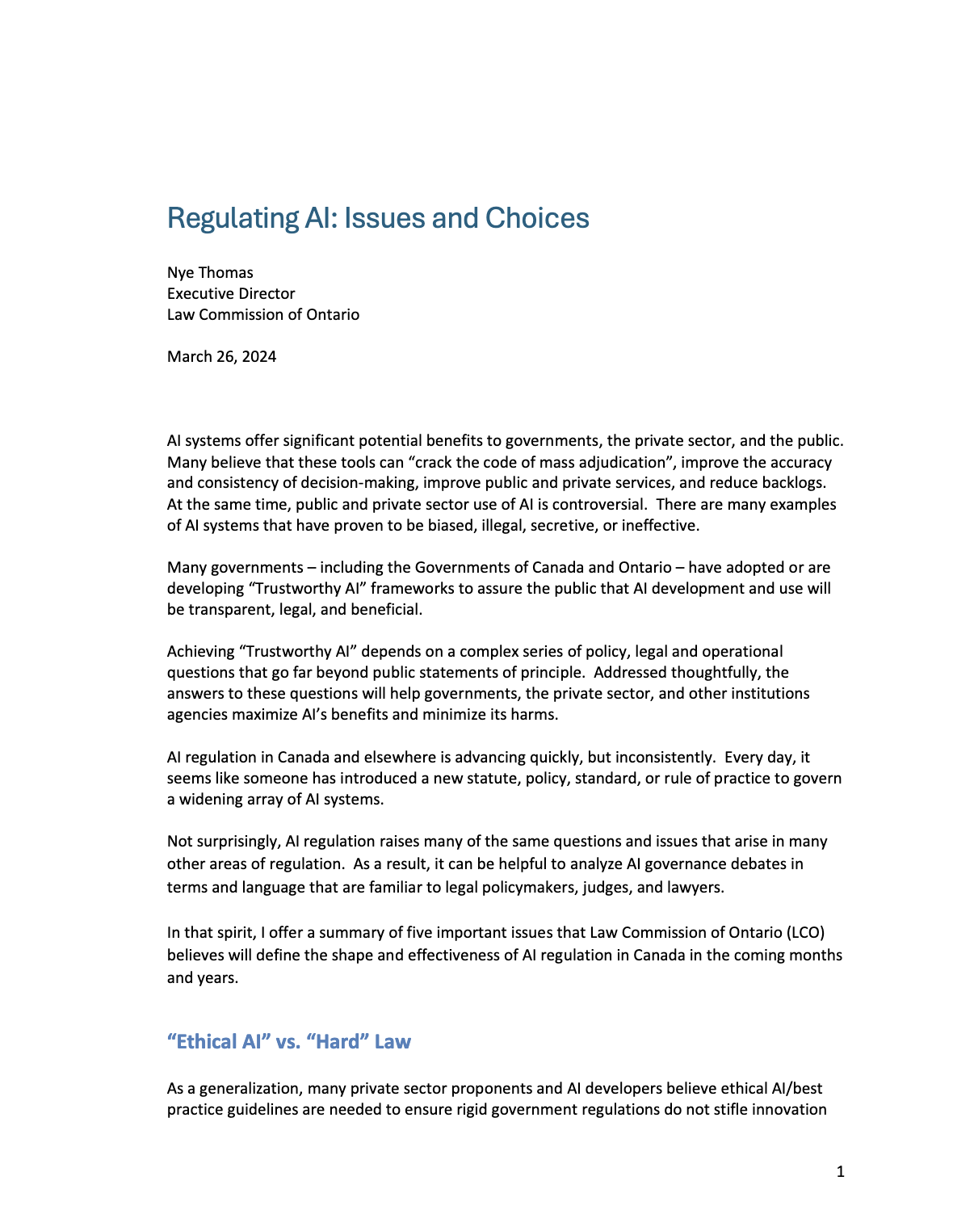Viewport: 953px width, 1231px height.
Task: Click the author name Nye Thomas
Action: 210,273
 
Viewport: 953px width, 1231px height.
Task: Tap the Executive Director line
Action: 231,294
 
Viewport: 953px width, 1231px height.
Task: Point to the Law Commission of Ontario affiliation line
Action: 263,315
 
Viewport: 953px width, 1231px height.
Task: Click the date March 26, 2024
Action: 221,357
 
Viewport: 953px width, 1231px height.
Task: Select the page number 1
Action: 841,1172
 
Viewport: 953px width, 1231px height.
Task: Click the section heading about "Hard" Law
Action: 289,1042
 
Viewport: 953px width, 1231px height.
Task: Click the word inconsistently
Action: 665,758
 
